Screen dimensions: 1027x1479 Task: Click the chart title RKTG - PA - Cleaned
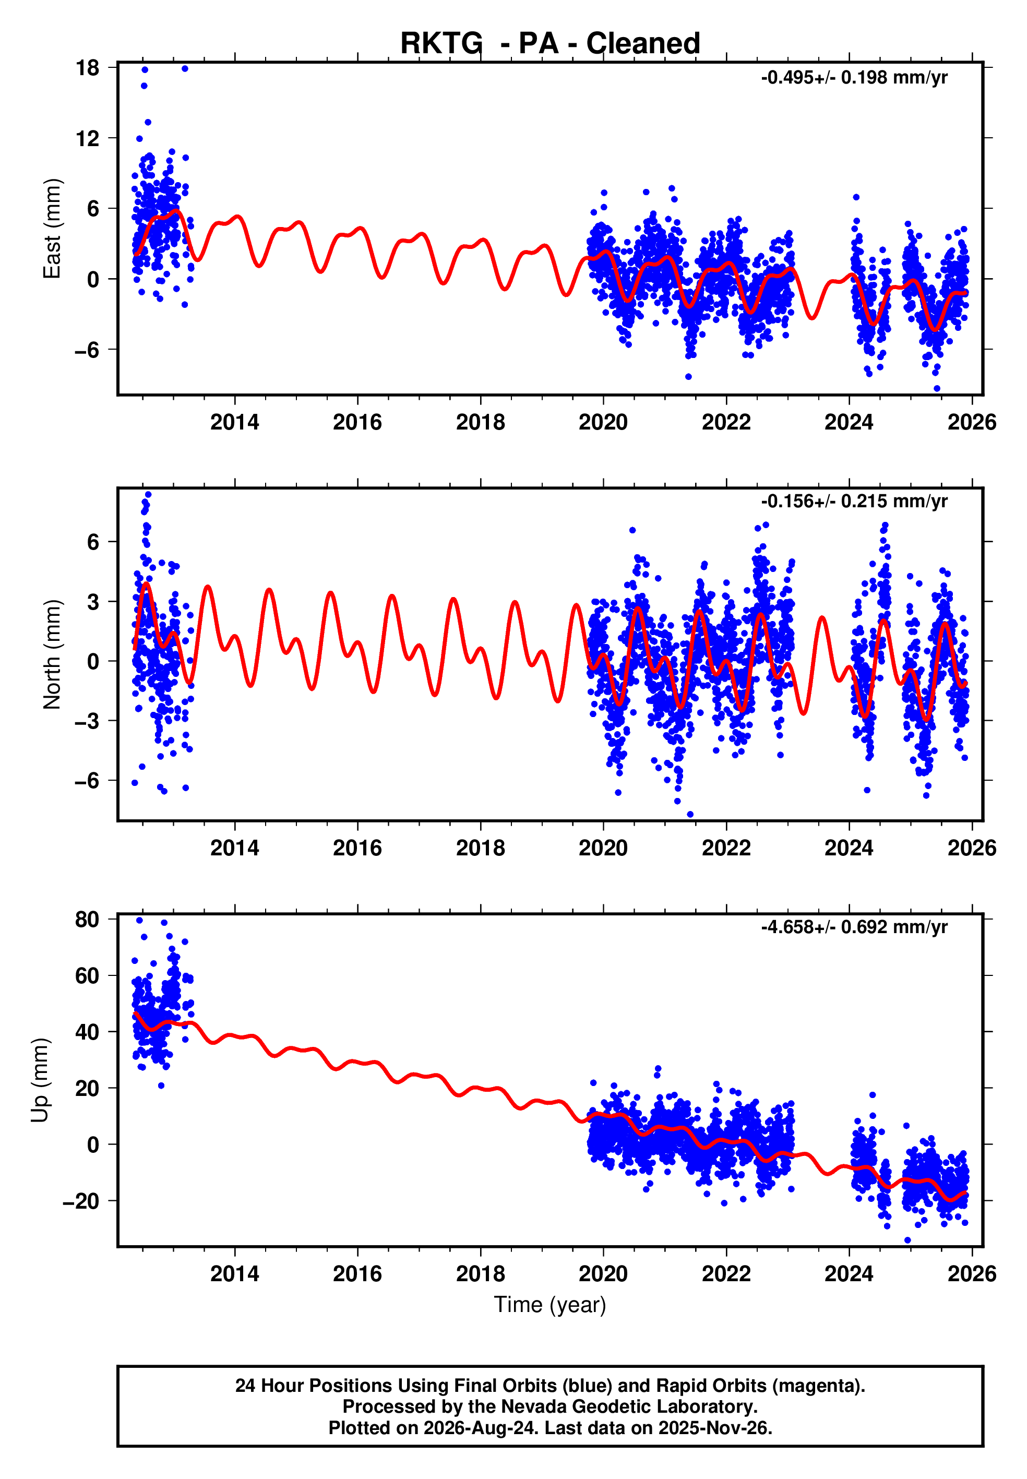pyautogui.click(x=550, y=44)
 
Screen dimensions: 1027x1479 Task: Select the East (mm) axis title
pyautogui.click(x=52, y=229)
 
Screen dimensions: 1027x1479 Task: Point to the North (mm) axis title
pyautogui.click(x=52, y=654)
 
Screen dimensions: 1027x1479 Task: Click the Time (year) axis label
pyautogui.click(x=550, y=1305)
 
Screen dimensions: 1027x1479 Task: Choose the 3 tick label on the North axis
pyautogui.click(x=93, y=602)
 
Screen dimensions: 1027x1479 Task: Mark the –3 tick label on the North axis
pyautogui.click(x=87, y=721)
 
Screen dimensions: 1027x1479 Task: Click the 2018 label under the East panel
pyautogui.click(x=480, y=422)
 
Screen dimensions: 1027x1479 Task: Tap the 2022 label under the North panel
pyautogui.click(x=726, y=848)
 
